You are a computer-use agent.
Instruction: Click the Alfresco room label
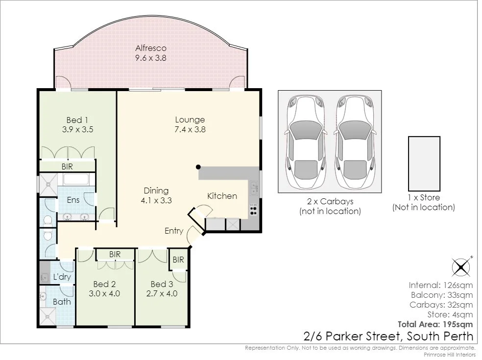click(151, 48)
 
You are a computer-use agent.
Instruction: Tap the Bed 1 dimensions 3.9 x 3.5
click(77, 129)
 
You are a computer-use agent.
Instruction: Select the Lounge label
click(190, 120)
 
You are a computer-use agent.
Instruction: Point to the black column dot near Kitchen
click(198, 167)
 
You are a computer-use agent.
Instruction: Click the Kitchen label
click(222, 196)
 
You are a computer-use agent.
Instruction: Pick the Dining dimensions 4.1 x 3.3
click(156, 200)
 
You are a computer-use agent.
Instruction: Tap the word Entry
click(174, 231)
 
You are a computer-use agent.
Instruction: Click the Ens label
click(73, 200)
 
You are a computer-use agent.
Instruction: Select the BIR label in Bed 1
click(67, 167)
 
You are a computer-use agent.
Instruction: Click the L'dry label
click(62, 277)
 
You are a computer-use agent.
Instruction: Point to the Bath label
click(62, 302)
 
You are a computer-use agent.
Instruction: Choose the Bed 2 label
click(104, 284)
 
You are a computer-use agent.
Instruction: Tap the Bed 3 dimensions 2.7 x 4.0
click(162, 293)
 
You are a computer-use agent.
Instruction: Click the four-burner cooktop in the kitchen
click(253, 209)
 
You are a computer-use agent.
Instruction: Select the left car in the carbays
click(305, 143)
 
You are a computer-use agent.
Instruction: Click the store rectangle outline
click(409, 164)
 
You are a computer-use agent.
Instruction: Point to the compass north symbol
click(461, 266)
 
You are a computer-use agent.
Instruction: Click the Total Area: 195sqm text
click(435, 324)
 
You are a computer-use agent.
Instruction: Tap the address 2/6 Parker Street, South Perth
click(388, 336)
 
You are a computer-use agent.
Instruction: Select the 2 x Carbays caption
click(330, 202)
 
